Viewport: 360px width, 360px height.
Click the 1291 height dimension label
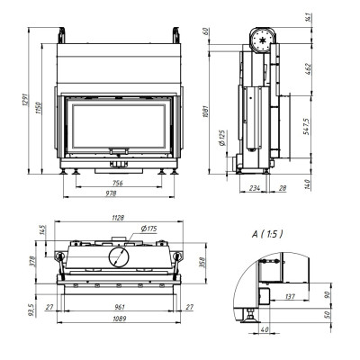[24, 99]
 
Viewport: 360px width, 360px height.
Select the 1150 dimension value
[39, 108]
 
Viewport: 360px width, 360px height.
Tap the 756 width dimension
[118, 183]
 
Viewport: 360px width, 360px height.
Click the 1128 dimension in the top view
[118, 218]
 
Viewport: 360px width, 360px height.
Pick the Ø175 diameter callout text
[149, 229]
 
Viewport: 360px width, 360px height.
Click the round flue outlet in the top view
[120, 257]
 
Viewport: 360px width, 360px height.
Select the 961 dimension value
[119, 307]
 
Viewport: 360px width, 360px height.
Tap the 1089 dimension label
[120, 319]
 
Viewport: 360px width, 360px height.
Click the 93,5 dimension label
[32, 310]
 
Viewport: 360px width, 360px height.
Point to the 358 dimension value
[202, 263]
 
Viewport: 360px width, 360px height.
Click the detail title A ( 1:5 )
[267, 234]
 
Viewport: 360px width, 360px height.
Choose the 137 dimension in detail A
[290, 297]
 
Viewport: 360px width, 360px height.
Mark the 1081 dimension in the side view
[206, 111]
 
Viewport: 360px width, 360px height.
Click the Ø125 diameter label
[222, 138]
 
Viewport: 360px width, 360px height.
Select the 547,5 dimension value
[307, 126]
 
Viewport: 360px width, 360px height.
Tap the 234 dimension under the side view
[255, 188]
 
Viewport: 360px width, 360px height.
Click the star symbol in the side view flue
[262, 40]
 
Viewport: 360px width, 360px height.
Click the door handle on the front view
[119, 151]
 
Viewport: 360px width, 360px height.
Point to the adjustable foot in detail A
[249, 316]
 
